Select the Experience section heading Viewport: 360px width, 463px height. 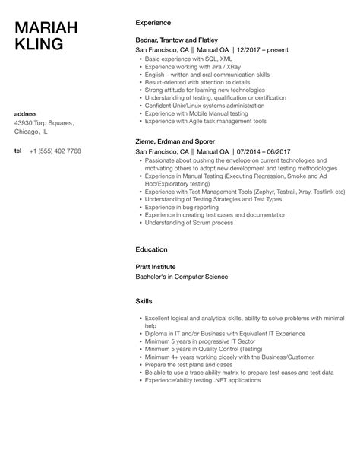[x=153, y=23]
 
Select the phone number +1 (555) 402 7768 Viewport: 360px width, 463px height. [x=55, y=151]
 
